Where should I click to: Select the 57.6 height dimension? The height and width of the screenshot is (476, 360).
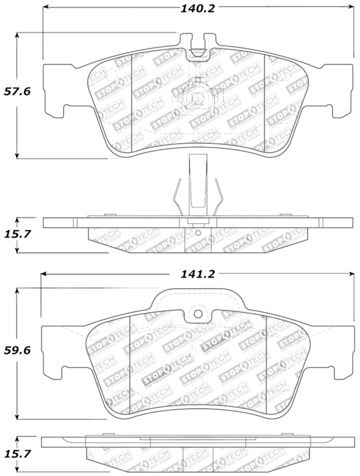click(17, 92)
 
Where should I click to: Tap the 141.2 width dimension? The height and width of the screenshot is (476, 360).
click(198, 274)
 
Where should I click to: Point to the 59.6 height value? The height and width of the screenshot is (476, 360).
click(17, 351)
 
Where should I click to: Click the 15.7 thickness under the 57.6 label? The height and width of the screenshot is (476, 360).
click(17, 234)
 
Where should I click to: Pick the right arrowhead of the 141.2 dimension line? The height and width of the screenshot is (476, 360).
click(351, 274)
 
